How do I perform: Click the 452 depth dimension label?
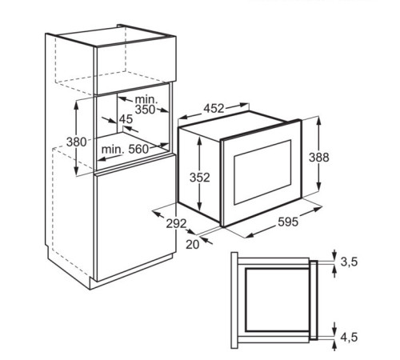214,109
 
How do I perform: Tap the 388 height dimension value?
319,158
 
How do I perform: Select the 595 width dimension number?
288,222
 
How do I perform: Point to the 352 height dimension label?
200,178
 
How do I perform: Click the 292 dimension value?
177,223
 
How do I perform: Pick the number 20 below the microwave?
192,245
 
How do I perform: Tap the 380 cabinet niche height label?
77,142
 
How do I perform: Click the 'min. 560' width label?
125,150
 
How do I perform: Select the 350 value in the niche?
145,110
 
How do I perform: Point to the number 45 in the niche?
126,119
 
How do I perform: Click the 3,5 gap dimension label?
349,262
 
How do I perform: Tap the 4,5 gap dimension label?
349,337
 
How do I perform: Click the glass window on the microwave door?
262,172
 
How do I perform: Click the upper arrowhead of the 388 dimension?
319,121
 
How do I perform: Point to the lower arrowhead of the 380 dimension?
77,170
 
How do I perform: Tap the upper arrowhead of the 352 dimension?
199,139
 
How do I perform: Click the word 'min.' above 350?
146,100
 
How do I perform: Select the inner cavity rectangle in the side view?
277,300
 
